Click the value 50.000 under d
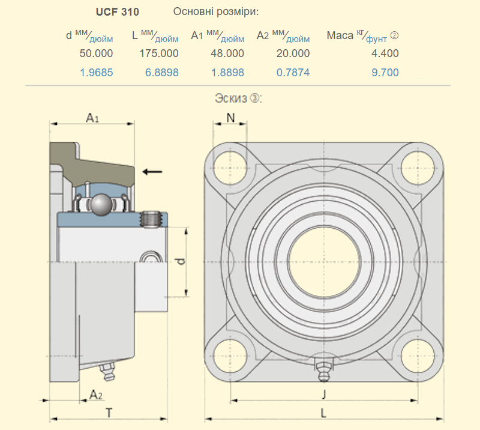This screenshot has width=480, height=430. click(96, 53)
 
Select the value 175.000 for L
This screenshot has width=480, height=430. click(159, 53)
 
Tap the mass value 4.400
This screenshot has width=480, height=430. click(385, 53)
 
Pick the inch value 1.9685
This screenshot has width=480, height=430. click(96, 73)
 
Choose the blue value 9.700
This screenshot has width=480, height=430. click(385, 73)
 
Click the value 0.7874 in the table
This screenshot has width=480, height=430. click(293, 73)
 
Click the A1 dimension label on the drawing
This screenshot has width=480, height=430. click(92, 118)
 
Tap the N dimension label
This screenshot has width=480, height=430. click(230, 118)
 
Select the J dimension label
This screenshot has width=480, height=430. click(324, 394)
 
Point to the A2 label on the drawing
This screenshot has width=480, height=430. click(95, 394)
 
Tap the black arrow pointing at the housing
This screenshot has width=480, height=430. click(152, 172)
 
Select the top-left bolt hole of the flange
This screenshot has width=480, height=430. click(227, 164)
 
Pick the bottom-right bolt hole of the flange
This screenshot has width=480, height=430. click(418, 355)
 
